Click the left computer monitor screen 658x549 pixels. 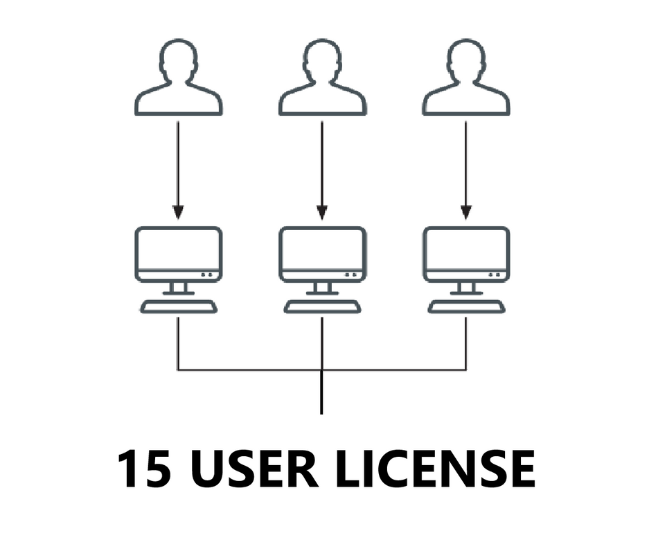(x=179, y=250)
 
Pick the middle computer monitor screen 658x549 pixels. (x=322, y=250)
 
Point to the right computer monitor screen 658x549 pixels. (x=466, y=250)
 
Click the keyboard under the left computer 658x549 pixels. (x=179, y=306)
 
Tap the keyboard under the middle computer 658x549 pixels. (x=322, y=306)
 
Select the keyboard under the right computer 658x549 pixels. (x=466, y=306)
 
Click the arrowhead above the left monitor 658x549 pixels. (x=178, y=211)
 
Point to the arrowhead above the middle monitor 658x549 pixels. (x=322, y=211)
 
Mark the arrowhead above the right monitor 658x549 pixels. (x=466, y=211)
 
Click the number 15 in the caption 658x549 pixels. (x=144, y=469)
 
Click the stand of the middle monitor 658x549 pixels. (x=322, y=288)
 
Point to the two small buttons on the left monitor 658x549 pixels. (x=207, y=274)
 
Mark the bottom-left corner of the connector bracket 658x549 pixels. (x=179, y=369)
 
